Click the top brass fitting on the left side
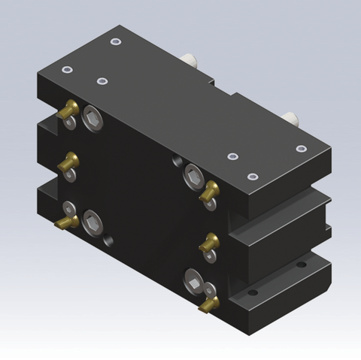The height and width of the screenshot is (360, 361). (68, 110)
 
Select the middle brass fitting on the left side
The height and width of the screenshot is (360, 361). (69, 160)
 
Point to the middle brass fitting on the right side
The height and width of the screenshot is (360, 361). (209, 242)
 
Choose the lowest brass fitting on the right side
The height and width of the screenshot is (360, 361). (209, 303)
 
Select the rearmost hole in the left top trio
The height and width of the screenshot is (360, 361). (114, 41)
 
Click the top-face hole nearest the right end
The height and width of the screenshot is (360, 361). (301, 149)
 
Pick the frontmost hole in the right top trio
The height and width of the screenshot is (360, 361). (252, 177)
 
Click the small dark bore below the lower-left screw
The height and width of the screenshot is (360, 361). (110, 241)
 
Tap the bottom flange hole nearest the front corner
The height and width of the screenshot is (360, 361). (253, 292)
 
